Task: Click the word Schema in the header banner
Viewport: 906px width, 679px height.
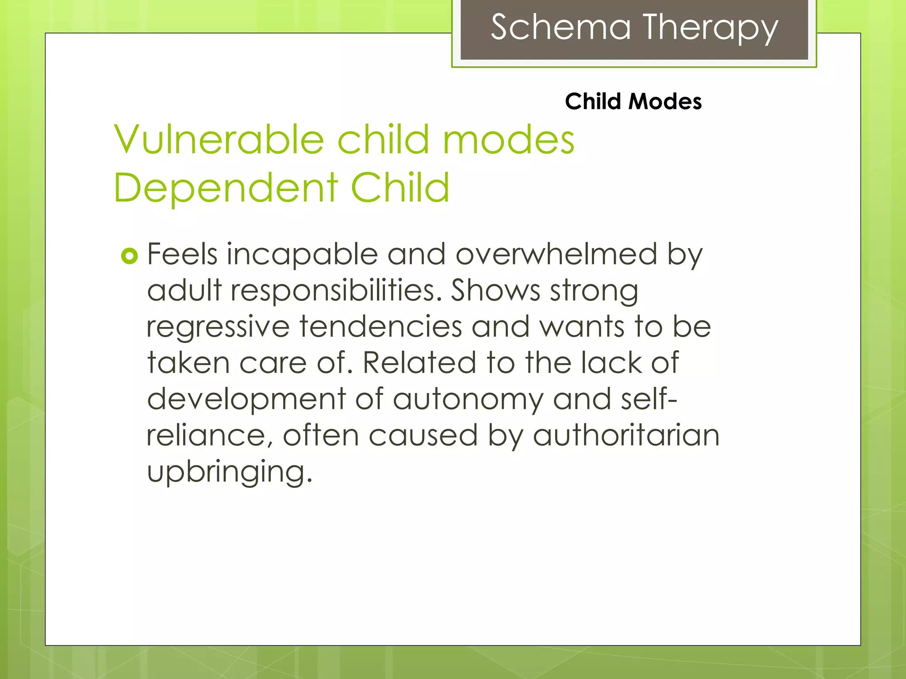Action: pyautogui.click(x=560, y=27)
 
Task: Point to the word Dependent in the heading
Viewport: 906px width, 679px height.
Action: pyautogui.click(x=226, y=187)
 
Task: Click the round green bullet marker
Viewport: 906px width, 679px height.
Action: pyautogui.click(x=129, y=256)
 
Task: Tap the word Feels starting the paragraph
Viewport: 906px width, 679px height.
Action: pyautogui.click(x=182, y=255)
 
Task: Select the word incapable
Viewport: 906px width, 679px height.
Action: pyautogui.click(x=302, y=255)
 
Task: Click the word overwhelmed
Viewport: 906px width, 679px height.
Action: pyautogui.click(x=556, y=255)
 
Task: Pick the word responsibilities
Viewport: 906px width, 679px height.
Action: pyautogui.click(x=336, y=291)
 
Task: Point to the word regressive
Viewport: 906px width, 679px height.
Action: pyautogui.click(x=218, y=328)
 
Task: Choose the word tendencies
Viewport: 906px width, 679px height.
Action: pyautogui.click(x=380, y=327)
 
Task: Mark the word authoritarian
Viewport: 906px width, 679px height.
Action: pyautogui.click(x=626, y=436)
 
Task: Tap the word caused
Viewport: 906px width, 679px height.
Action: pyautogui.click(x=423, y=436)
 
